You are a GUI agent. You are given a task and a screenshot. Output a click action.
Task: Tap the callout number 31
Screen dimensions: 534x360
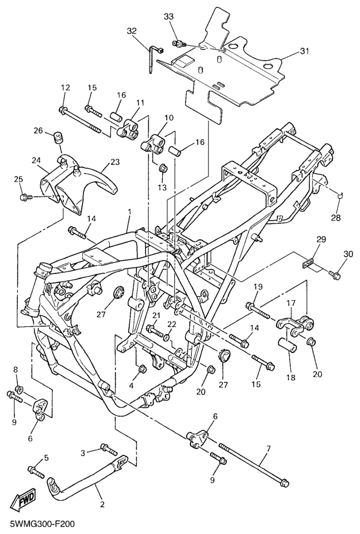coord(304,51)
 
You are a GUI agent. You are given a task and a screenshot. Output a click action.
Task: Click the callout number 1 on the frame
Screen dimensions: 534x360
coord(130,212)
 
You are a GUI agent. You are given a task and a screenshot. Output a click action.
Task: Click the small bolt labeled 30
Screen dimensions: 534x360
coord(335,274)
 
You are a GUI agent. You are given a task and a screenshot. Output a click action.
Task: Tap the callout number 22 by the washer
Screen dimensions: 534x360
coord(171,325)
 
